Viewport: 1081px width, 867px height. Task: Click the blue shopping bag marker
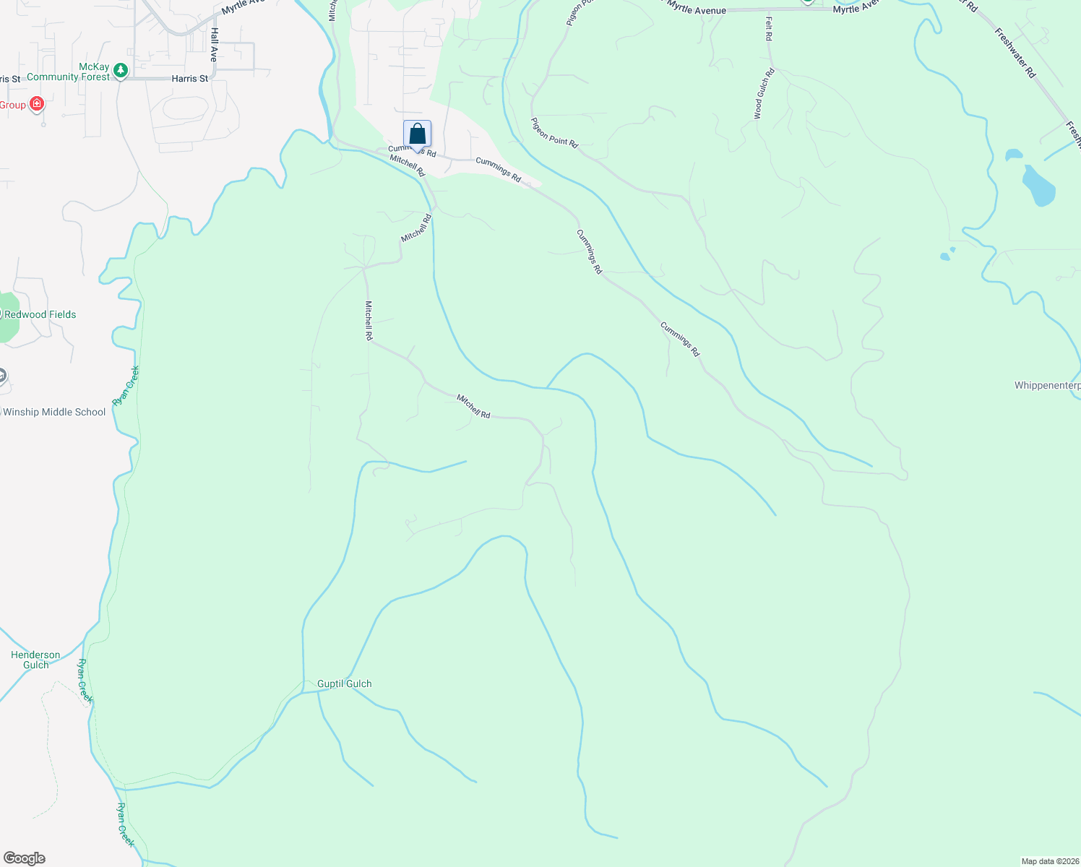pos(417,134)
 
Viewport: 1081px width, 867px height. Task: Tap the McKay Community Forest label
pos(68,72)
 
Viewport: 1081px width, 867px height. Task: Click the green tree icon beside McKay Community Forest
pos(121,71)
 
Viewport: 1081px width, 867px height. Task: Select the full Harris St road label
pos(189,79)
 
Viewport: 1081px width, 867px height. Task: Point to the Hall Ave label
pos(214,45)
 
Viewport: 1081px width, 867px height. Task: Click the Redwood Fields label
pos(40,315)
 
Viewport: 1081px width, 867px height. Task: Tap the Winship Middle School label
pos(54,413)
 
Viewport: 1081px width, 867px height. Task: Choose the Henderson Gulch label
pos(35,660)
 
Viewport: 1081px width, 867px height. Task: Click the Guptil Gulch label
pos(345,683)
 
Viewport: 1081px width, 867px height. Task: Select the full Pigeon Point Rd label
pos(555,133)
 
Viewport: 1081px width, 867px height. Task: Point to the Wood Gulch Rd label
pos(764,93)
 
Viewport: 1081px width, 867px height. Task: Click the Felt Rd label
pos(768,29)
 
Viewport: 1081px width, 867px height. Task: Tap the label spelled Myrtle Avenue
pos(697,9)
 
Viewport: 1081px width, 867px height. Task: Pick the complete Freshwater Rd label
pos(1015,53)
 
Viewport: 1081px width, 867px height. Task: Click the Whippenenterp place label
pos(1047,386)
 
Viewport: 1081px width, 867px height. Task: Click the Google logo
pos(25,858)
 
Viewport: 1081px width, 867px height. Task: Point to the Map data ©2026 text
pos(1049,861)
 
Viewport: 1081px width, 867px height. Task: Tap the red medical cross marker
pos(37,104)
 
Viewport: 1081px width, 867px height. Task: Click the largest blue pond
pos(1038,186)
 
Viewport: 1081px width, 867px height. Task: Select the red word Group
pos(13,105)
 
